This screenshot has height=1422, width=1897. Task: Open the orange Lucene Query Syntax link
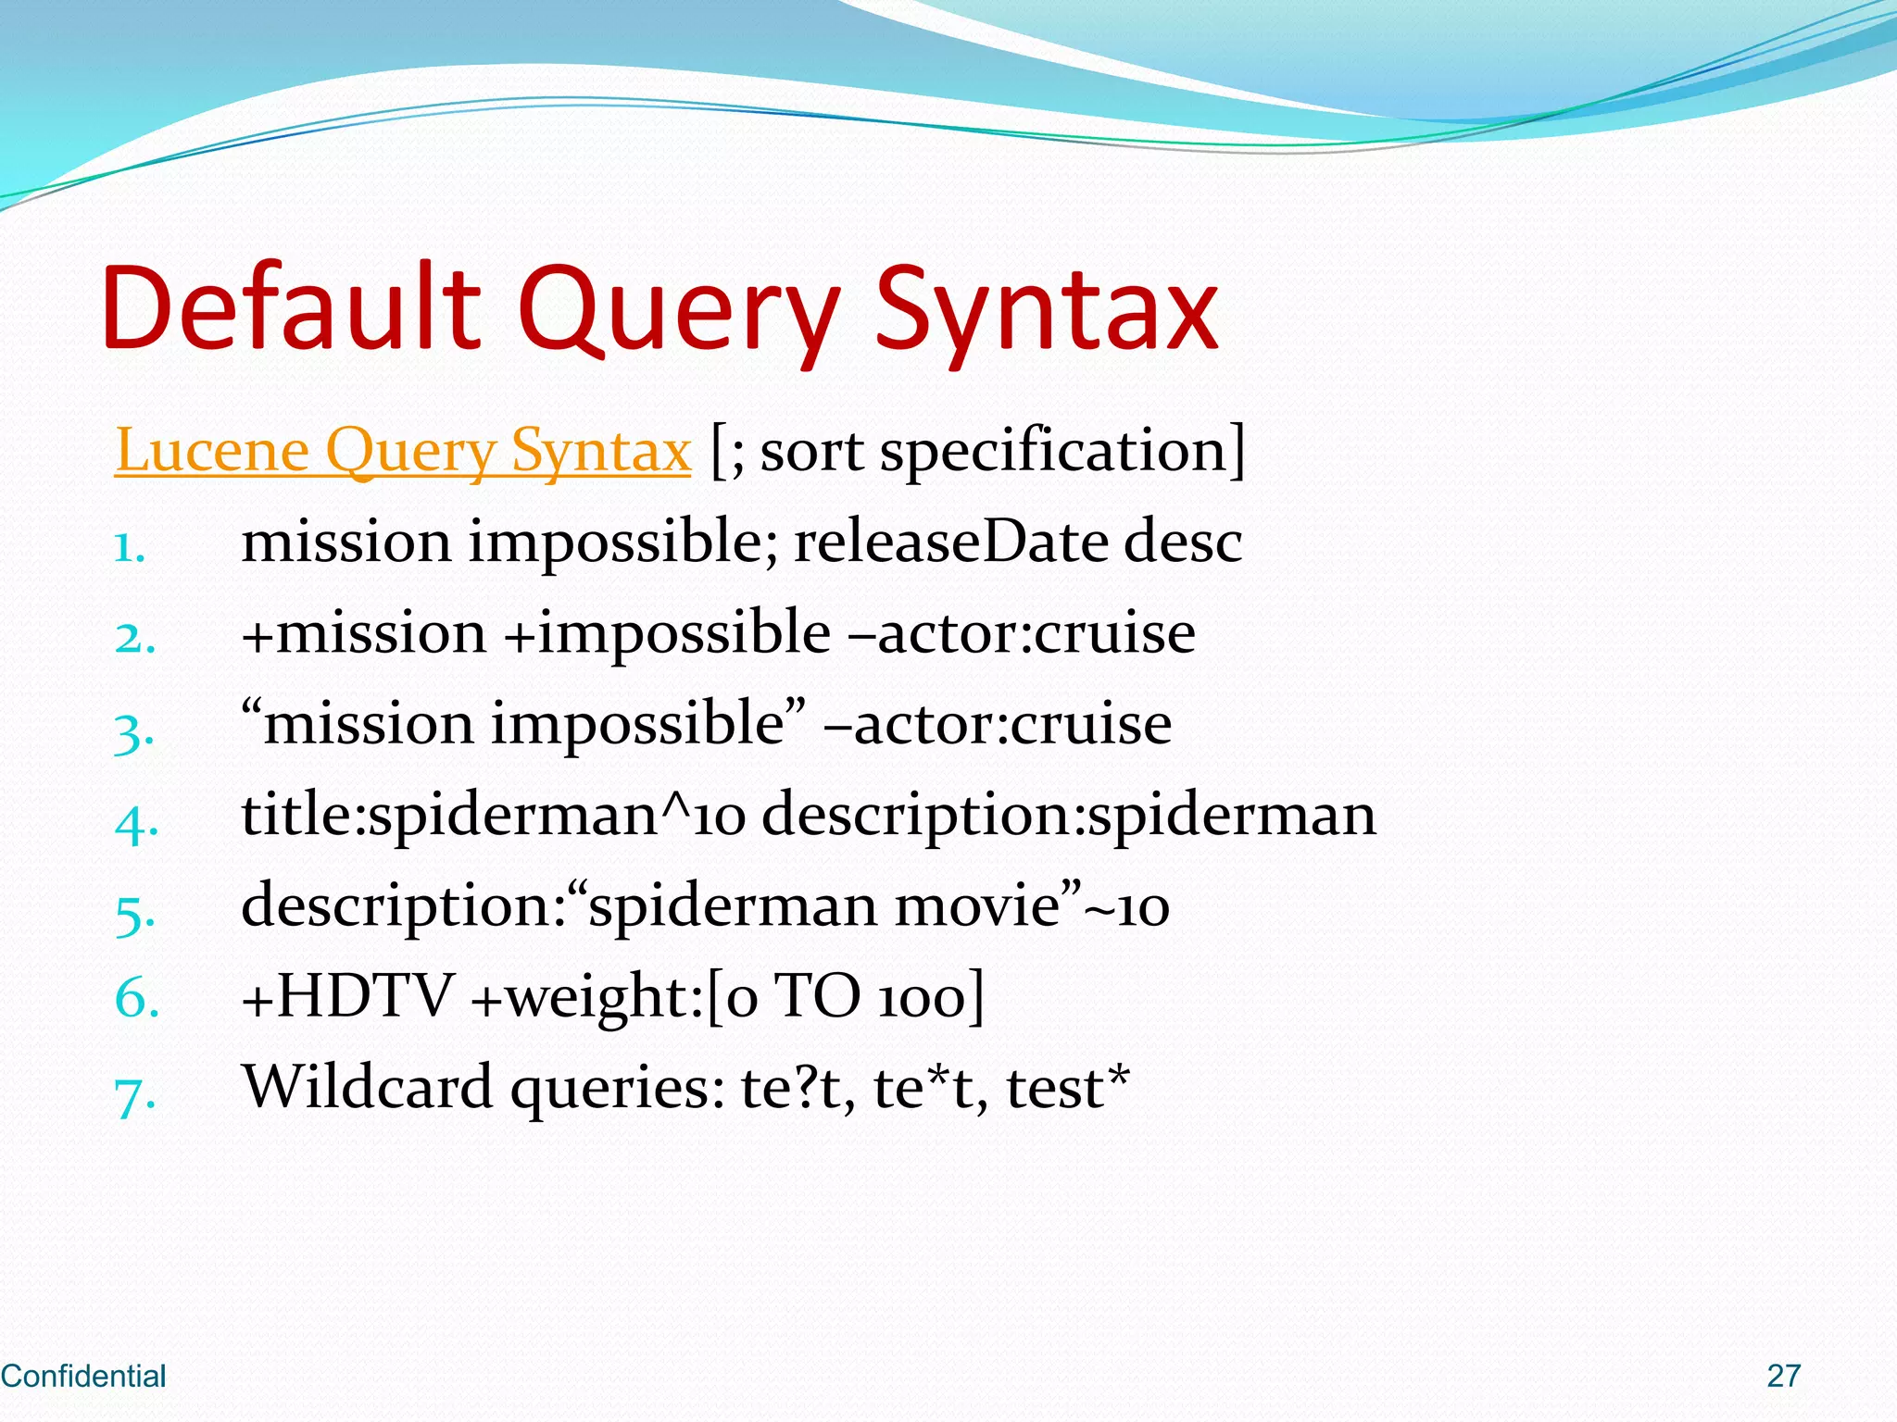[x=402, y=451]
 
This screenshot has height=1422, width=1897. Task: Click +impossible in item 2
[x=667, y=633]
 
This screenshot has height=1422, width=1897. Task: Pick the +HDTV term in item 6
[x=346, y=997]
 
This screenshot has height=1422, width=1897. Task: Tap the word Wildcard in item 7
[x=367, y=1087]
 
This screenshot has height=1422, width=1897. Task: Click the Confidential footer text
[x=83, y=1376]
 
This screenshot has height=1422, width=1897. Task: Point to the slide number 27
[x=1783, y=1376]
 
